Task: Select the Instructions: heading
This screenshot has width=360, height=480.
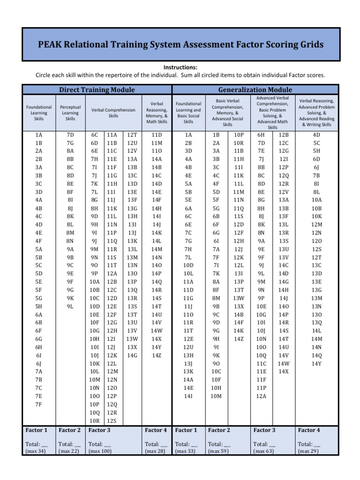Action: [x=180, y=67]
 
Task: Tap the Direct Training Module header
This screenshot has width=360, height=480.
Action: [x=97, y=90]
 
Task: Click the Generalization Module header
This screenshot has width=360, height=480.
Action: [x=255, y=90]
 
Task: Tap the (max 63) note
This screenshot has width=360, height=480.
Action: [x=264, y=451]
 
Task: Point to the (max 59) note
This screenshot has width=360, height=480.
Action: [x=219, y=451]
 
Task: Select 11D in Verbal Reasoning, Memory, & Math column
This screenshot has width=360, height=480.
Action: [x=157, y=135]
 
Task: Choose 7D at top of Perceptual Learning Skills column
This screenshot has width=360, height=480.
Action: [x=70, y=135]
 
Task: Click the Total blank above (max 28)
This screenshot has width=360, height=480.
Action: [x=156, y=443]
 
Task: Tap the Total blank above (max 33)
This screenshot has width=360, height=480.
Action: [x=186, y=443]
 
